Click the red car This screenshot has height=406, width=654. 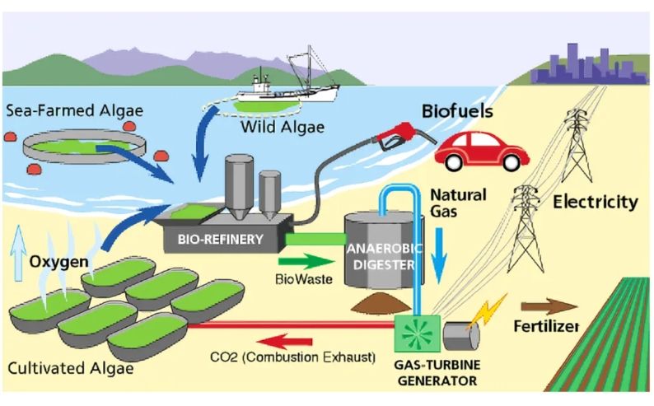pyautogui.click(x=481, y=150)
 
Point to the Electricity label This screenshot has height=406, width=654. pyautogui.click(x=596, y=202)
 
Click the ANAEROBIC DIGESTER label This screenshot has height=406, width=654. pyautogui.click(x=380, y=254)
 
